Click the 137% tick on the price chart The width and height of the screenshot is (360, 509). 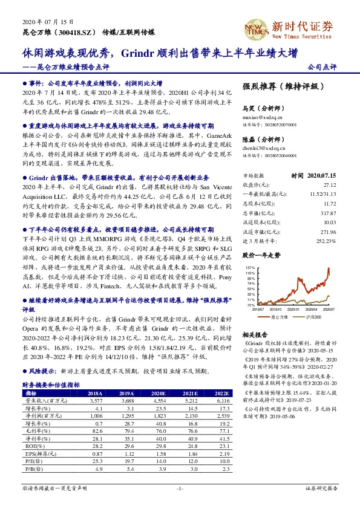click(249, 267)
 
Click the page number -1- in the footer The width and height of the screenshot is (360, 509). click(179, 487)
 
